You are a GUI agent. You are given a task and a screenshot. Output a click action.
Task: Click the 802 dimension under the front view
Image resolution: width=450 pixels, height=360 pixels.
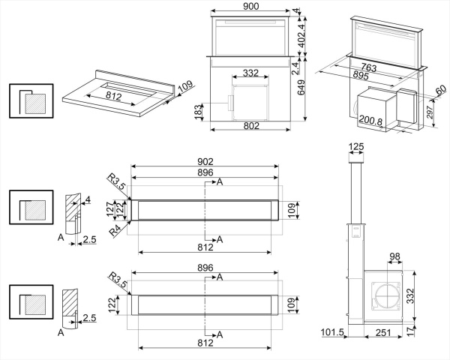(x=250, y=126)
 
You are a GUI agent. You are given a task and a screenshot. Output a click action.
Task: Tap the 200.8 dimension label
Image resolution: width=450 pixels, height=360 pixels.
(x=371, y=121)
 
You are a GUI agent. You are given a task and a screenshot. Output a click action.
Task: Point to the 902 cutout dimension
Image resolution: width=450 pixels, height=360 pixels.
(x=205, y=162)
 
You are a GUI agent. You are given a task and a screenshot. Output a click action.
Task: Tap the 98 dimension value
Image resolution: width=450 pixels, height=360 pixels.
(x=394, y=257)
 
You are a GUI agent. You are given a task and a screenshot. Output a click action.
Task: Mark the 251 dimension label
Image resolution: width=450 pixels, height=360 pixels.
(x=384, y=332)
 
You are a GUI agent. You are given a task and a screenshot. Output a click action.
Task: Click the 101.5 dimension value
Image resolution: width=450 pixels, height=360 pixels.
(x=330, y=332)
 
